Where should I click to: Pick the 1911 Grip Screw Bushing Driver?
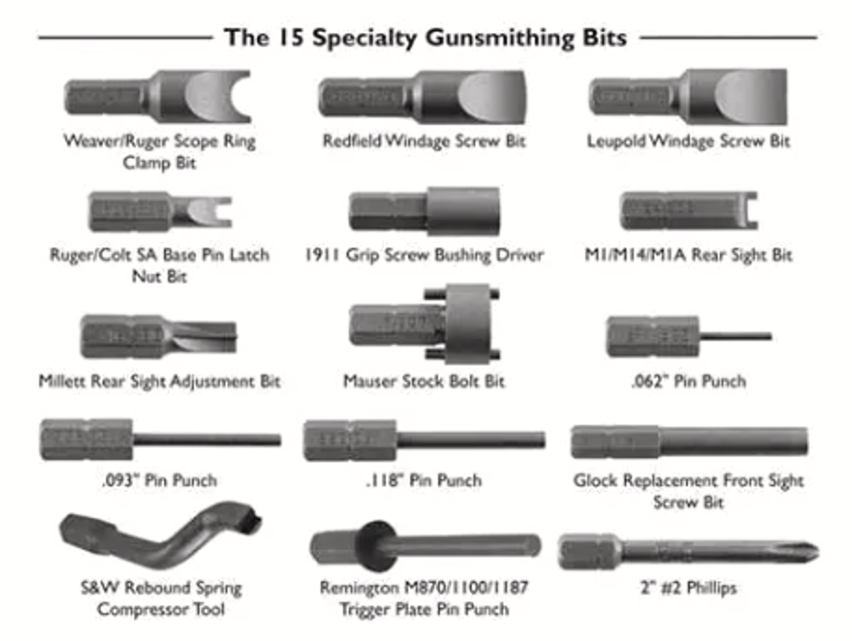(x=424, y=212)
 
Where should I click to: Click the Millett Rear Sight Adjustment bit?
(x=158, y=336)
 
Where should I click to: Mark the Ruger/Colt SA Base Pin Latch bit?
(x=158, y=212)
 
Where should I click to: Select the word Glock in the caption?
(x=595, y=482)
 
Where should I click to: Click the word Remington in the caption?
(x=361, y=589)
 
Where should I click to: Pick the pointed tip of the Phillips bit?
(x=813, y=551)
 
